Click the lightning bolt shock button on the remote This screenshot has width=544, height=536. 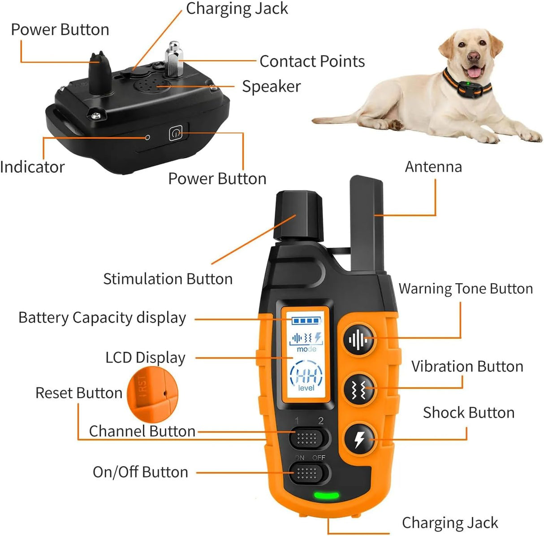[359, 439]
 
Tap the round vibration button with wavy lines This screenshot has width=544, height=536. [359, 389]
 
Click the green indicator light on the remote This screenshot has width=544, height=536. [326, 496]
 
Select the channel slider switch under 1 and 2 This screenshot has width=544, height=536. [307, 438]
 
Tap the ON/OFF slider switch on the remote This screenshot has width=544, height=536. [307, 473]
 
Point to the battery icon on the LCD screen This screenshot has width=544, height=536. [307, 321]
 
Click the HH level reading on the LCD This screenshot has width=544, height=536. [307, 376]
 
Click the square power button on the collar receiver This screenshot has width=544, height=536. [176, 134]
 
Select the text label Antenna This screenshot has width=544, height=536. [433, 167]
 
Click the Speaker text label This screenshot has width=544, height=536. [271, 86]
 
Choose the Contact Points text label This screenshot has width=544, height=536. [312, 61]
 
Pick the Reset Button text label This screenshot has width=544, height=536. [79, 393]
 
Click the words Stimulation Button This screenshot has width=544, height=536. [168, 279]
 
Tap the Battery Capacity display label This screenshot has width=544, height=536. [102, 318]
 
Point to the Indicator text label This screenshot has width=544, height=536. [32, 167]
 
